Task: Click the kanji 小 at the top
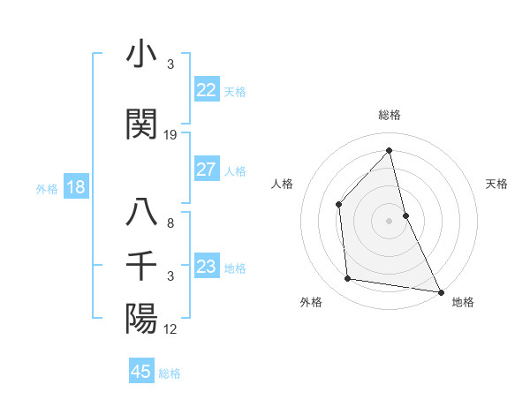pyautogui.click(x=142, y=55)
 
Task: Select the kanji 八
pyautogui.click(x=142, y=215)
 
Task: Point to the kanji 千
pyautogui.click(x=142, y=265)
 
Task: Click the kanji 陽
pyautogui.click(x=142, y=317)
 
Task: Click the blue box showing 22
pyautogui.click(x=206, y=90)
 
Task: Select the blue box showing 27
pyautogui.click(x=206, y=170)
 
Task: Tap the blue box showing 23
pyautogui.click(x=206, y=267)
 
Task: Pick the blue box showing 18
pyautogui.click(x=75, y=187)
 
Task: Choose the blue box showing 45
pyautogui.click(x=141, y=372)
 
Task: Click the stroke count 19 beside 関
pyautogui.click(x=170, y=135)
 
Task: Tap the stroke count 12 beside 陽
pyautogui.click(x=170, y=328)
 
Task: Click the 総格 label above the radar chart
pyautogui.click(x=390, y=116)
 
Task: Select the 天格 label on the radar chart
pyautogui.click(x=496, y=184)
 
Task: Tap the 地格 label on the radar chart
pyautogui.click(x=463, y=302)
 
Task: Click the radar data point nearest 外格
pyautogui.click(x=348, y=279)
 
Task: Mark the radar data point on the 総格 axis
pyautogui.click(x=390, y=150)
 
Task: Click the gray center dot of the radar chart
pyautogui.click(x=390, y=220)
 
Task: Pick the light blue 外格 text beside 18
pyautogui.click(x=47, y=188)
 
